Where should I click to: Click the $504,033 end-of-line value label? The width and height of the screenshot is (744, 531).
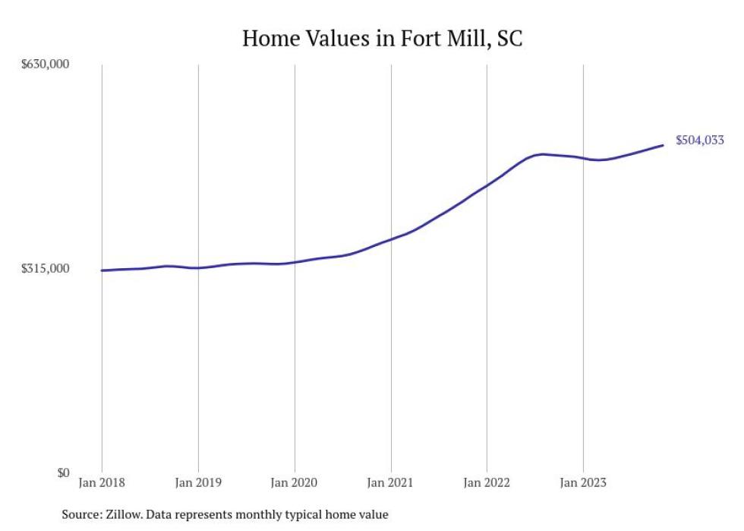699,140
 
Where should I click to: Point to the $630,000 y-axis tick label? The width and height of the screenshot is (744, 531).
46,65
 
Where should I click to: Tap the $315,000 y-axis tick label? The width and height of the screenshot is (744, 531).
46,269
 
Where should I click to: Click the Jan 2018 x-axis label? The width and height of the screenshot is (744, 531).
102,482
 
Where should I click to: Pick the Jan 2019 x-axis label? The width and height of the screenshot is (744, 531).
198,482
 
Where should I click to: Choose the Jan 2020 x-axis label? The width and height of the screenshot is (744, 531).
295,482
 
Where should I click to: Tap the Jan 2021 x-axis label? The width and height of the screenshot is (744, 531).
390,482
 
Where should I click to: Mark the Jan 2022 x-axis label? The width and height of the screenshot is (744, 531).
487,482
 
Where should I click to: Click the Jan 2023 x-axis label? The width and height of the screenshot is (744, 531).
582,482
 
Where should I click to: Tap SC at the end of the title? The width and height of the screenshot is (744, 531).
509,38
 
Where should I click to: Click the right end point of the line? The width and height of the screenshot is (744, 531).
663,145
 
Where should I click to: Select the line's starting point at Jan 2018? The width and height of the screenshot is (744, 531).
102,270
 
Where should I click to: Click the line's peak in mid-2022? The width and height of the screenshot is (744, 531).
541,154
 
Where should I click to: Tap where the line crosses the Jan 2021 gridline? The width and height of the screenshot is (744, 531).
390,239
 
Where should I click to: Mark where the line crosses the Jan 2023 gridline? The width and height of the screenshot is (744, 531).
582,158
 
